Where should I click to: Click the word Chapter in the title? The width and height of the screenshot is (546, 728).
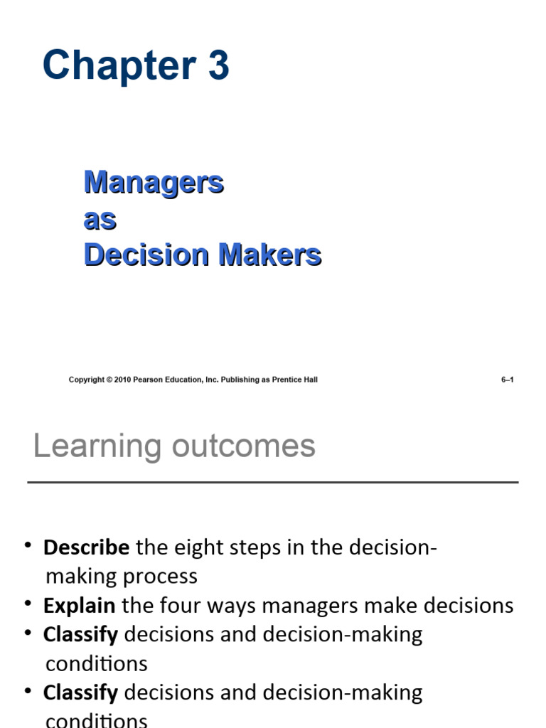pyautogui.click(x=117, y=65)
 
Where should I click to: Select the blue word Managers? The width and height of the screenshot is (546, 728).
pyautogui.click(x=154, y=183)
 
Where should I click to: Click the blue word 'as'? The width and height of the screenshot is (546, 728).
pyautogui.click(x=100, y=219)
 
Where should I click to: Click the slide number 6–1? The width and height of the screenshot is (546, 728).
pyautogui.click(x=508, y=380)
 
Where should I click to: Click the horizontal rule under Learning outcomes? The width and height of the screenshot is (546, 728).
pyautogui.click(x=273, y=483)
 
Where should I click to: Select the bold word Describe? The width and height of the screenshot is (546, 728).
pyautogui.click(x=86, y=547)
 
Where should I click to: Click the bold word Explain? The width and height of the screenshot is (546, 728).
pyautogui.click(x=79, y=606)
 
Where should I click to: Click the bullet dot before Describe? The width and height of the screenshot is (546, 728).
pyautogui.click(x=28, y=545)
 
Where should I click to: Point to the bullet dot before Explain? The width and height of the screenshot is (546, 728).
pyautogui.click(x=28, y=604)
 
